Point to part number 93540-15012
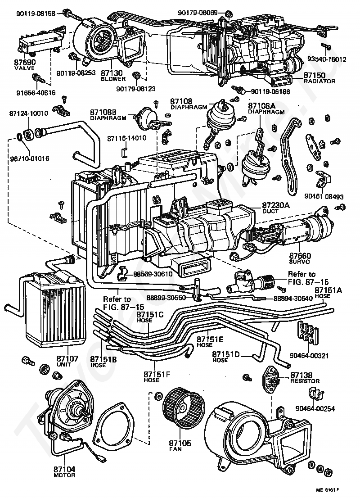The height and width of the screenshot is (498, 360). [327, 59]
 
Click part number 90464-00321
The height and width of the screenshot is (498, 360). [312, 355]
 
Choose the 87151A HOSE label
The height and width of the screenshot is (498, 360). [328, 293]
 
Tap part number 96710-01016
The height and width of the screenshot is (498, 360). [28, 158]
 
